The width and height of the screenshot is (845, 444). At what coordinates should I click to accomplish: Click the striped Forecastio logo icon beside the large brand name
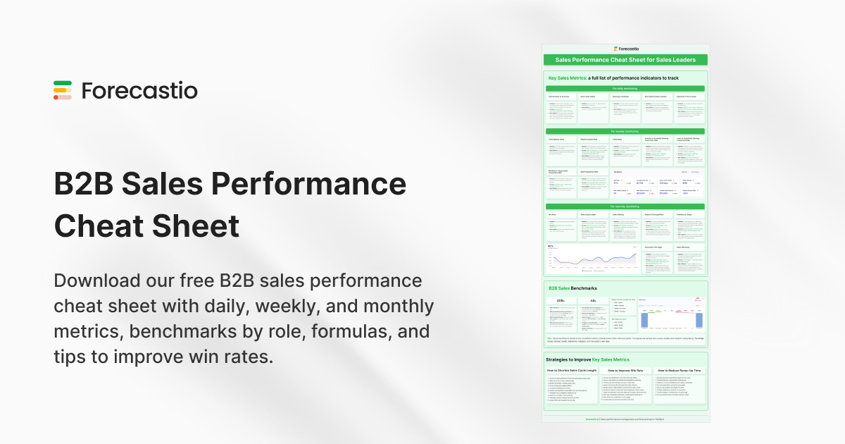(x=63, y=90)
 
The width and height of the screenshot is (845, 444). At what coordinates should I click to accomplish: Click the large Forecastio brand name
(x=139, y=91)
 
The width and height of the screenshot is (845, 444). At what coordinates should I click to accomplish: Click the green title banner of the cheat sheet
(x=625, y=61)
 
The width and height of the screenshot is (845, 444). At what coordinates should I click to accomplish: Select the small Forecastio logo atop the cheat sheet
(x=625, y=49)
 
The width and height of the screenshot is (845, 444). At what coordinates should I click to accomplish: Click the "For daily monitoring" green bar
(x=625, y=88)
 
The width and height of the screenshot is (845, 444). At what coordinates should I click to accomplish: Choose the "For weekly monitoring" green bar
(x=625, y=131)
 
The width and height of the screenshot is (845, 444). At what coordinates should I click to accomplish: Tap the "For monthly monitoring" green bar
(x=625, y=206)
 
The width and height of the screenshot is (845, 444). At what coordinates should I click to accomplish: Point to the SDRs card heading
(x=562, y=300)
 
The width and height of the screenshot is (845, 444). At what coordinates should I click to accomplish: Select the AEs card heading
(x=593, y=300)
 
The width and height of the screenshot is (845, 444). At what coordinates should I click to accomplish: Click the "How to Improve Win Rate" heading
(x=625, y=370)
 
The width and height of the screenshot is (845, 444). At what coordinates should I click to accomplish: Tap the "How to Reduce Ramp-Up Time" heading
(x=680, y=370)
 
